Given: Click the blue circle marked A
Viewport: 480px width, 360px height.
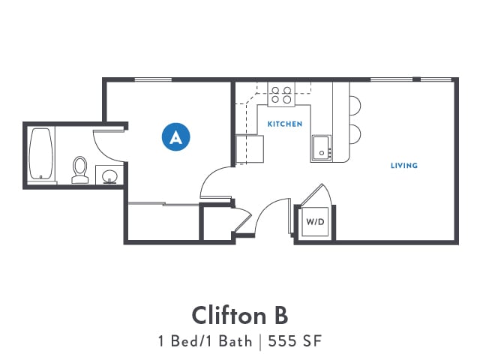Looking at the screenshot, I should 176,136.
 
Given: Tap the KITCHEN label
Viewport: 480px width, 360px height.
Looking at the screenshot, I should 285,124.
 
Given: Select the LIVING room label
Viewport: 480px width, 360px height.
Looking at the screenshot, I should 403,165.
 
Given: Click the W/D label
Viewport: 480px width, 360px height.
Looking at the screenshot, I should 314,222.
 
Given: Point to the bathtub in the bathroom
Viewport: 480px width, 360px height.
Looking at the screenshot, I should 42,154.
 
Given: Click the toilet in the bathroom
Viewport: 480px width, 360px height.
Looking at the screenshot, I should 79,169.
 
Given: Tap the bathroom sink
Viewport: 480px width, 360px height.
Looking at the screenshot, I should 109,176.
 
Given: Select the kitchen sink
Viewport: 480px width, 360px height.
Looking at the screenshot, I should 321,148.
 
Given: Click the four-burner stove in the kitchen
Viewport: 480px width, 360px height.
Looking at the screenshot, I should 282,94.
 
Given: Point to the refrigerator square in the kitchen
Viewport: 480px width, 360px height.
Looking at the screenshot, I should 249,148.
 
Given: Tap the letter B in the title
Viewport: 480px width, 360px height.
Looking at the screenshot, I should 278,313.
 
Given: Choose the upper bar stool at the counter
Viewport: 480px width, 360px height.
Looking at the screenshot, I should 355,106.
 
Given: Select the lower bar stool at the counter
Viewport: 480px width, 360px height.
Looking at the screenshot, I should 355,134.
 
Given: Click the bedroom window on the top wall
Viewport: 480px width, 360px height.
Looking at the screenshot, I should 153,80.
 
